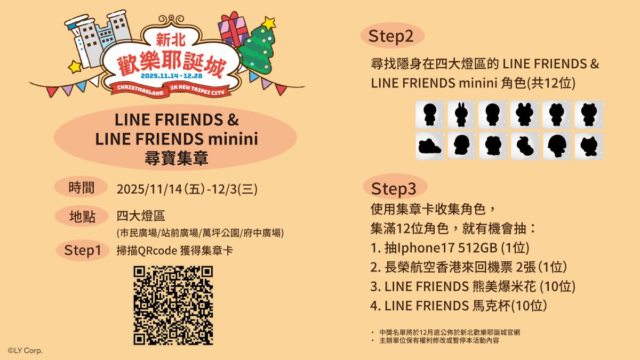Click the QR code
click(x=173, y=306)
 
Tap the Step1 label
click(x=83, y=250)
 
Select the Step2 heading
click(x=391, y=36)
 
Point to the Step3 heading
click(x=394, y=189)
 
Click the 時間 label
click(x=82, y=188)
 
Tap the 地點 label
click(x=82, y=217)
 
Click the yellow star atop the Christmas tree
click(x=269, y=23)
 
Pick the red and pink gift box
click(x=233, y=29)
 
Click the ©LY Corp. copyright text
click(x=25, y=350)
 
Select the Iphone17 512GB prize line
click(x=450, y=247)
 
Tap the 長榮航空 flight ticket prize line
click(x=469, y=267)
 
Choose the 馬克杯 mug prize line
click(x=459, y=306)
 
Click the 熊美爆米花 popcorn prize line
click(x=473, y=286)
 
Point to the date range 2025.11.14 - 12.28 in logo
click(x=171, y=76)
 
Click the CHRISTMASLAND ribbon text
click(x=140, y=90)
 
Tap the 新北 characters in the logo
click(x=171, y=41)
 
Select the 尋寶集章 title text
click(x=177, y=158)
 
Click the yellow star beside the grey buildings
click(x=75, y=67)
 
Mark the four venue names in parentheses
click(x=200, y=233)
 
